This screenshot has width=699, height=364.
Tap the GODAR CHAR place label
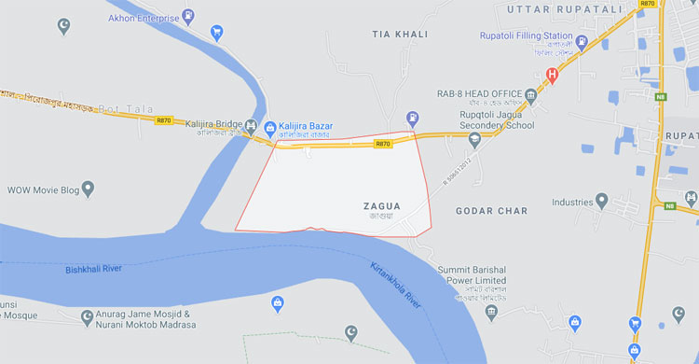click(486, 211)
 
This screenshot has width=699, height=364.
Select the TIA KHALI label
click(400, 34)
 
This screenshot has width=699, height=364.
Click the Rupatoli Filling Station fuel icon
click(582, 42)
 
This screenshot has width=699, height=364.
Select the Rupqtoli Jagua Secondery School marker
click(474, 139)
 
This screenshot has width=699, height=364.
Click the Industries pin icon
click(602, 202)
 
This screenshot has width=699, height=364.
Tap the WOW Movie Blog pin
click(89, 190)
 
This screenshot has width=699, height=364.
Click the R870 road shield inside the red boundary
click(382, 144)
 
